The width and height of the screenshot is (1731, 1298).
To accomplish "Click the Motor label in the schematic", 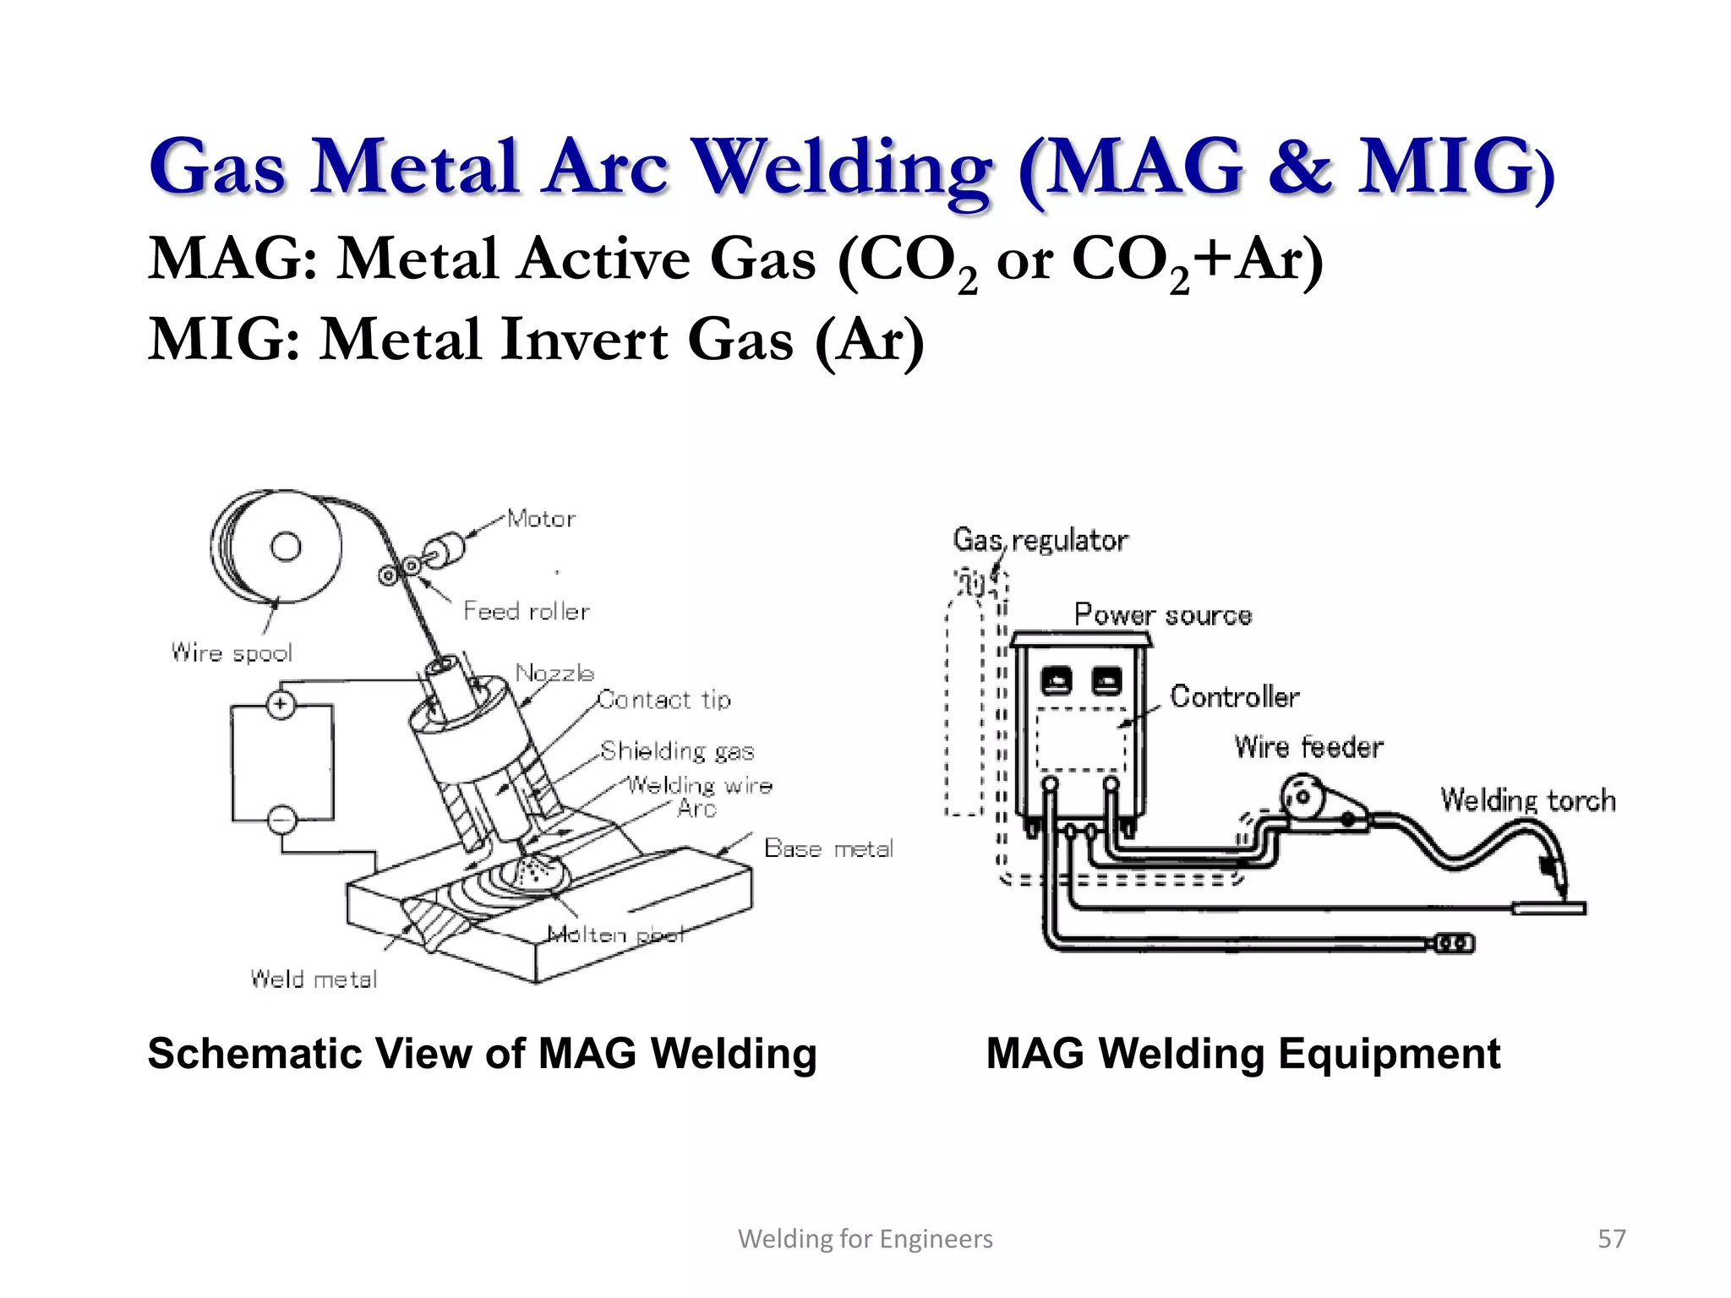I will click(x=541, y=518).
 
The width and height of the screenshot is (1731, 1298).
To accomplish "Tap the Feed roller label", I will click(x=526, y=611).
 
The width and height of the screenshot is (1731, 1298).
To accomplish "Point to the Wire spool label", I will click(x=232, y=652).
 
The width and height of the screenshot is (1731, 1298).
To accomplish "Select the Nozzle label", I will click(x=554, y=673).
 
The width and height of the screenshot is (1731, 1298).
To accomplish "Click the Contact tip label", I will click(x=664, y=700).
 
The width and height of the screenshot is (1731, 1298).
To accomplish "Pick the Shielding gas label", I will click(x=677, y=750).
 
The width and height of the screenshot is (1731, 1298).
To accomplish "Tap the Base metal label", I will click(x=828, y=848).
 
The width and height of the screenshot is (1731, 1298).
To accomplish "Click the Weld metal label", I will click(x=314, y=979).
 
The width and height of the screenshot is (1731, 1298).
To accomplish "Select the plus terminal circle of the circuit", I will click(x=281, y=705).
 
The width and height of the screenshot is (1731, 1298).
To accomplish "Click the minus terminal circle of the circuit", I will click(x=282, y=819).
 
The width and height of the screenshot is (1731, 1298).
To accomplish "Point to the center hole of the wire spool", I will click(x=286, y=547).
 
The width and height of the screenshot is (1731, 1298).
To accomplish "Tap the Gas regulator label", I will click(x=1040, y=540).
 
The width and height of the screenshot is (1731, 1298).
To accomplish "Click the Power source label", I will click(x=1162, y=614).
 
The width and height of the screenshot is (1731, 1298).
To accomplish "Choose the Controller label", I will click(x=1234, y=696).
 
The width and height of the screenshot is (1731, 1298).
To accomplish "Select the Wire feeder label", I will click(x=1308, y=747).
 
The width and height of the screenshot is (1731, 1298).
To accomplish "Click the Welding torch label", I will click(x=1528, y=799).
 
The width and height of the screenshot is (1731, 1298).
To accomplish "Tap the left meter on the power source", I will click(x=1057, y=680).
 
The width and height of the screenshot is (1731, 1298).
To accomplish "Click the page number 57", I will click(x=1611, y=1239).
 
